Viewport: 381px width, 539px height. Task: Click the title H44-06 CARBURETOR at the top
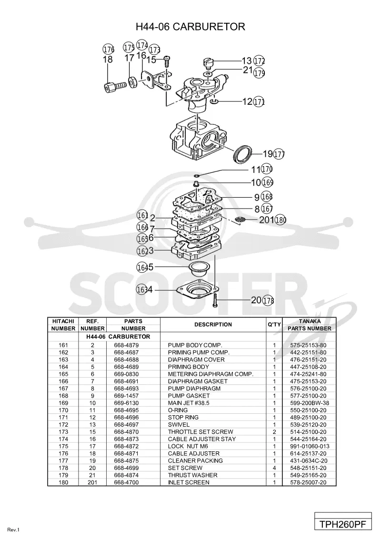190,27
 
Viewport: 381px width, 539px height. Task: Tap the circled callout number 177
279,154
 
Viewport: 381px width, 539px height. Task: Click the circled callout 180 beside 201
281,220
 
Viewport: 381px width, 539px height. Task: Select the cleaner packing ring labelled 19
242,154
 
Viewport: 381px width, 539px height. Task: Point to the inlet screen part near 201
241,220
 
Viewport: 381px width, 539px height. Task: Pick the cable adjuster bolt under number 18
114,86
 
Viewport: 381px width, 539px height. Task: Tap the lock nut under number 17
132,82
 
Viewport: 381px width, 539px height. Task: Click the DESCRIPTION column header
213,325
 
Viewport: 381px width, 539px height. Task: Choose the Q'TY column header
274,325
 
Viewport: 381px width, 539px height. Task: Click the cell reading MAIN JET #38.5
189,403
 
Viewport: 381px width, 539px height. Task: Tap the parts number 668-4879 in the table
126,345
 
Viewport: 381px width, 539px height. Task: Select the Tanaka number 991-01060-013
309,446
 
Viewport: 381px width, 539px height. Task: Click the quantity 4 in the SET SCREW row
274,468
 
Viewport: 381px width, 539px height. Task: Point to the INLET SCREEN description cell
189,482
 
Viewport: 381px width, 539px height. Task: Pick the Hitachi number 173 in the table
63,432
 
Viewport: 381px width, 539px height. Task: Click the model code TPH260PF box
343,525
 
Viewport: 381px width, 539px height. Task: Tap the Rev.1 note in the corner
13,530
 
